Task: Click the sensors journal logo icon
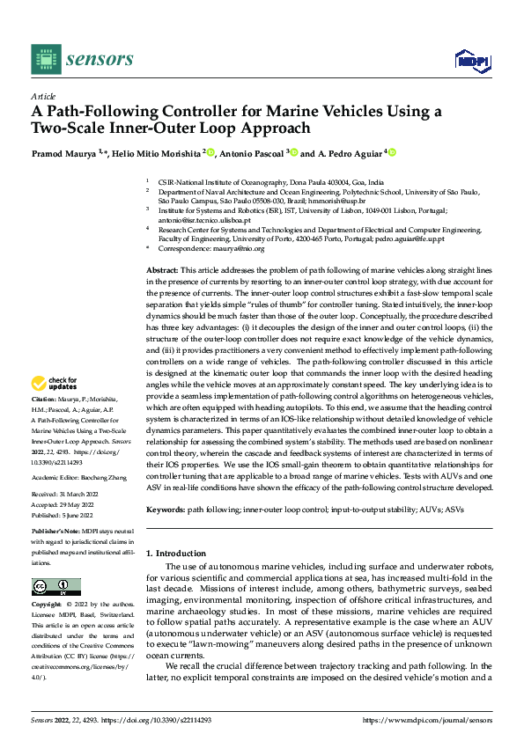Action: click(x=44, y=58)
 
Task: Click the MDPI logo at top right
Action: click(x=471, y=59)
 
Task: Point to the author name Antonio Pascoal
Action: click(x=250, y=152)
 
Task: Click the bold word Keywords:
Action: click(x=165, y=510)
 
